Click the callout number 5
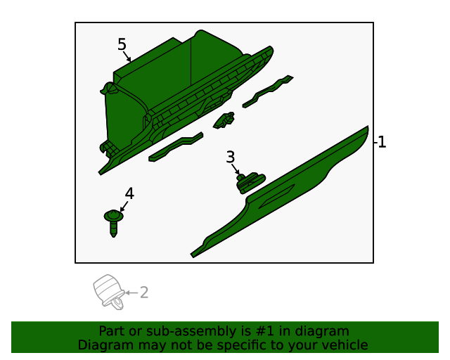[x=122, y=44]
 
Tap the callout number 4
[x=129, y=193]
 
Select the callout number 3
[x=230, y=157]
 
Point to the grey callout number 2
[x=144, y=292]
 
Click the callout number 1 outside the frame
[x=380, y=142]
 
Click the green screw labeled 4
[x=114, y=222]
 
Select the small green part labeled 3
[x=247, y=182]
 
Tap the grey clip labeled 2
[x=109, y=290]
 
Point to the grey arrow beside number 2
[x=131, y=292]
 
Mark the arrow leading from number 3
[x=236, y=169]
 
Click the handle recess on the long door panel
[x=278, y=198]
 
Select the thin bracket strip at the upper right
[x=268, y=91]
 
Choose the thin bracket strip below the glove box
[x=176, y=147]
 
